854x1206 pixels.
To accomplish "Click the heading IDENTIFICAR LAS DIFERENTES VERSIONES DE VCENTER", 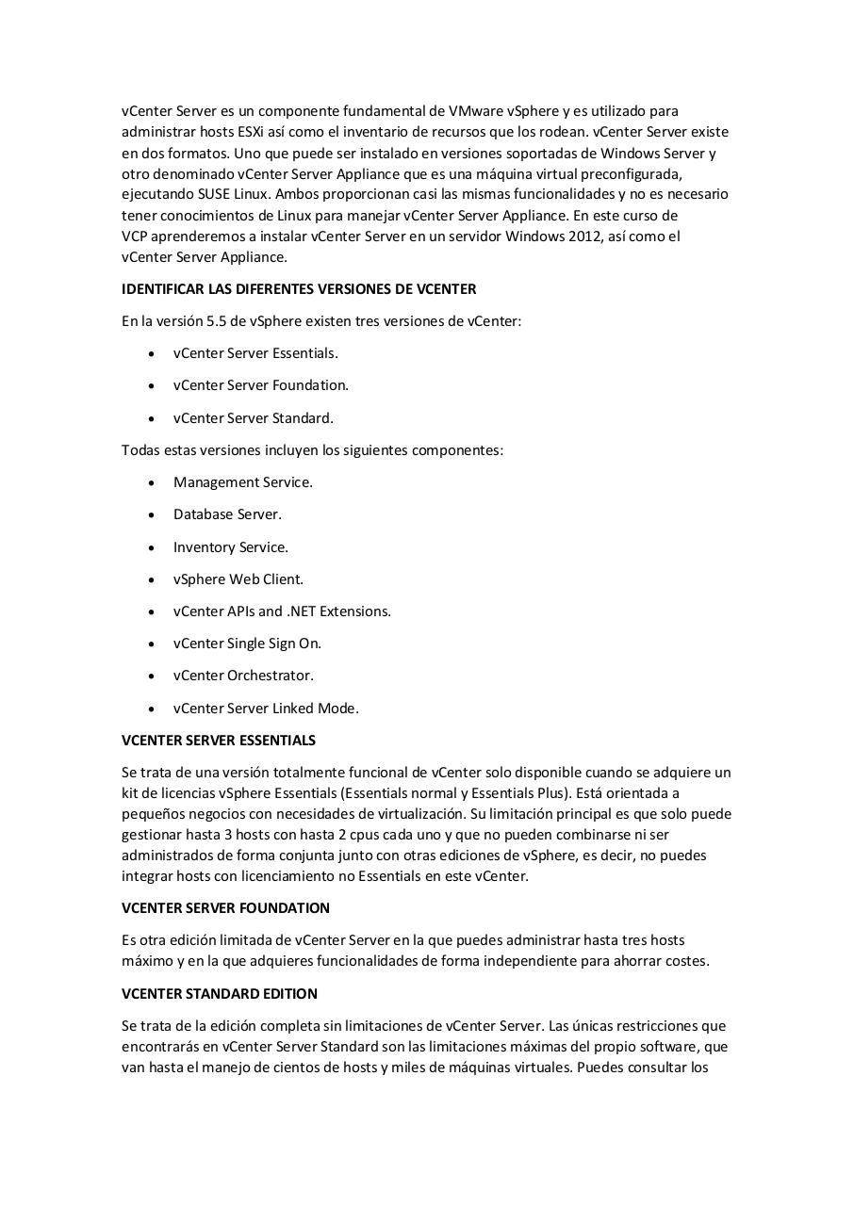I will [x=299, y=289].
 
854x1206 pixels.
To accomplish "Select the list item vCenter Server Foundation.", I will [x=260, y=385].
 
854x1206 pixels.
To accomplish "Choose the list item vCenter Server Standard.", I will [x=253, y=418].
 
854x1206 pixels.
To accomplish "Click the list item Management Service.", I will [x=242, y=482].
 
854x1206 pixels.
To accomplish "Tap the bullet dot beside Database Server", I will [x=153, y=515].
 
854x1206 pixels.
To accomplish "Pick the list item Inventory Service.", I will [x=230, y=547].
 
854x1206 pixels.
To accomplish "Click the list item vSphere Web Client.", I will [x=238, y=579].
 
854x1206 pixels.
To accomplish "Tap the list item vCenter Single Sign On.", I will [x=247, y=644].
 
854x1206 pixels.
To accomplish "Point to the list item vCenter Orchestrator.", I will [x=243, y=676].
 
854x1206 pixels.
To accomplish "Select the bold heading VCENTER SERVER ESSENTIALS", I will [x=219, y=741].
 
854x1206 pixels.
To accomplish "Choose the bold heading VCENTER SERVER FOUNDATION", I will [x=225, y=908].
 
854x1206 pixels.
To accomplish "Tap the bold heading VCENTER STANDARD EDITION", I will [x=219, y=994].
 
